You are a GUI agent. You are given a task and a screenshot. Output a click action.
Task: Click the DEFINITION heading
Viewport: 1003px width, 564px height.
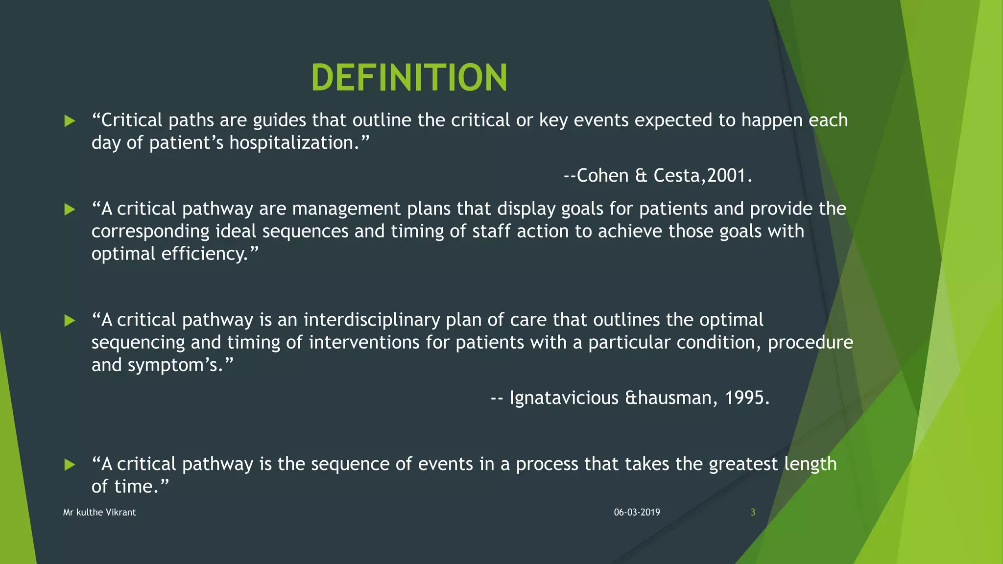coord(409,78)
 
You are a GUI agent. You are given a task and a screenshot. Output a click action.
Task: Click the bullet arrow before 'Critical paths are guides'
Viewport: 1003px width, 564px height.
coord(70,121)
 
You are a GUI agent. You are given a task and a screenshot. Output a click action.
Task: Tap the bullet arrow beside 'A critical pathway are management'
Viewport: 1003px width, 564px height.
coord(70,210)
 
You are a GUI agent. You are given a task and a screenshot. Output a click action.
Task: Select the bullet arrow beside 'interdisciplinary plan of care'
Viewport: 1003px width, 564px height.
coord(70,321)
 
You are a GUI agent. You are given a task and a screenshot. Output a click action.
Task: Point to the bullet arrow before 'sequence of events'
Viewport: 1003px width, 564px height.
coord(70,465)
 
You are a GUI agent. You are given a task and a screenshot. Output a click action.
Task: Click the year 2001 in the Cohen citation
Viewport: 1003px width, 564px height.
coord(726,175)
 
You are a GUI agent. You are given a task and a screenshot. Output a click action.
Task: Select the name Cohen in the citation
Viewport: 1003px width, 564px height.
coord(602,175)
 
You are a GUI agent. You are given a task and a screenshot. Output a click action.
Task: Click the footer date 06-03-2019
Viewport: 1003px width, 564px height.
coord(637,512)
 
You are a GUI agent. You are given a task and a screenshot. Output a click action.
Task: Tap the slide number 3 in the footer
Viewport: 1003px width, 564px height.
coord(753,512)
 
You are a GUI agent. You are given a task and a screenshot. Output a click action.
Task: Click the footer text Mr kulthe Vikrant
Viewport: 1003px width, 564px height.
coord(99,512)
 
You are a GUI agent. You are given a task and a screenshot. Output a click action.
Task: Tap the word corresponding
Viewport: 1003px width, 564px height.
coord(150,231)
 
